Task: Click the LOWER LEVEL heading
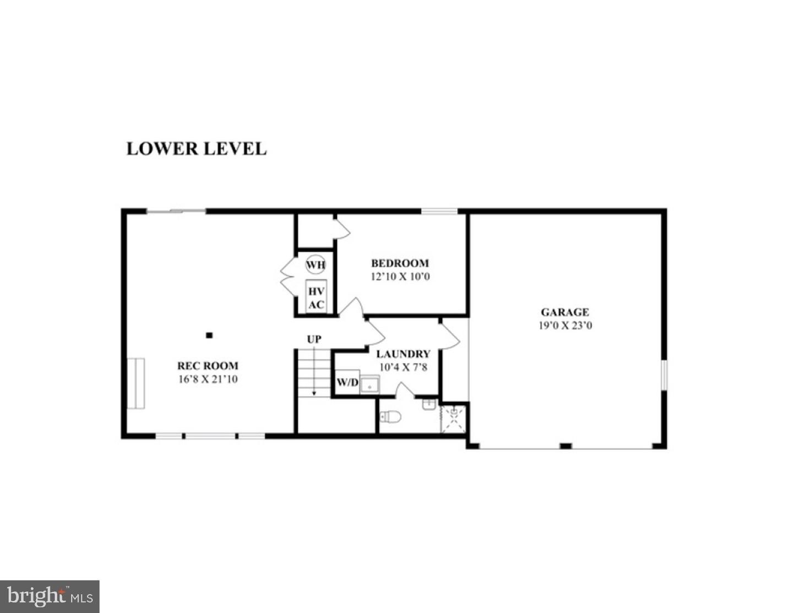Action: pos(197,149)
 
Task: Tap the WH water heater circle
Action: pos(316,265)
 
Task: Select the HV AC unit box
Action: pos(316,297)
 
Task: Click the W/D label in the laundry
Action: pos(347,382)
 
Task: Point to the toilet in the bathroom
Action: pos(391,417)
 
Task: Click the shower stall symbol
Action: pos(453,418)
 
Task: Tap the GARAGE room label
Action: pos(564,312)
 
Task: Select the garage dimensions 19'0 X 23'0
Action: pos(565,326)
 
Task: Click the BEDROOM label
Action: pos(400,263)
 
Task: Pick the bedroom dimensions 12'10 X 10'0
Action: pos(400,276)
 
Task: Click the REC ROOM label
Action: pos(208,366)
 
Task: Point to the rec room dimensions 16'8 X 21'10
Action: pos(208,379)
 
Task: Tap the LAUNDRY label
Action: pos(403,354)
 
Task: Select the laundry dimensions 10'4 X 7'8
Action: pos(403,367)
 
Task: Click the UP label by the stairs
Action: pos(314,339)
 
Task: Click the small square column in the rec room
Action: pos(209,335)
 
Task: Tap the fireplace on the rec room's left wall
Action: pos(135,383)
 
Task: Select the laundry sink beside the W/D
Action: pos(370,384)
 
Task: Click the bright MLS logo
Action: pos(50,596)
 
